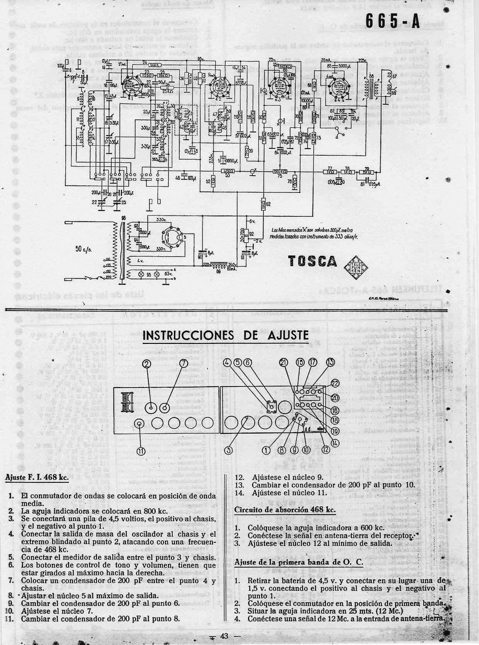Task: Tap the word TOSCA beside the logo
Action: (x=313, y=262)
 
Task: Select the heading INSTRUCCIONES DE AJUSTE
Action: (x=226, y=335)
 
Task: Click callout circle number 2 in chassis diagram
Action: (x=146, y=363)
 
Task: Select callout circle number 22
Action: (x=335, y=383)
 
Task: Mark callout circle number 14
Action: (x=335, y=443)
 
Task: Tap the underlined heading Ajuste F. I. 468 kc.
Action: (x=37, y=477)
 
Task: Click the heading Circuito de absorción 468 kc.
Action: (x=285, y=509)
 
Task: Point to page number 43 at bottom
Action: (x=224, y=636)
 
